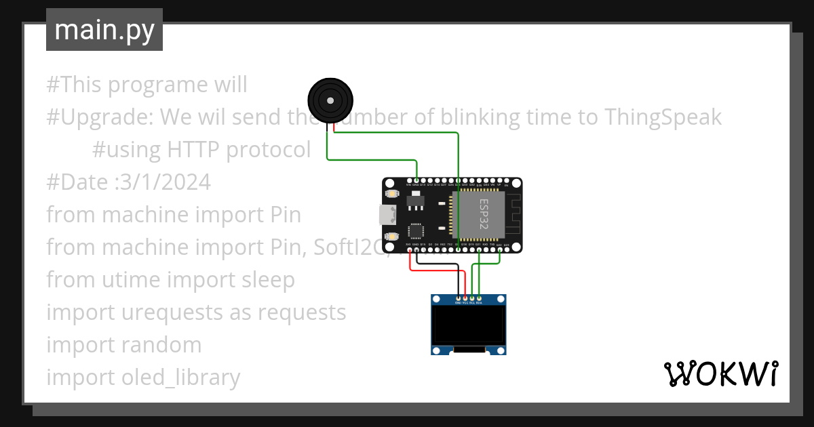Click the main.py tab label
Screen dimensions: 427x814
click(104, 30)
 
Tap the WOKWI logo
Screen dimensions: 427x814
click(720, 374)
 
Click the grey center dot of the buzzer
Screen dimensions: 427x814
click(330, 100)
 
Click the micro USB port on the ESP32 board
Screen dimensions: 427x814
click(387, 215)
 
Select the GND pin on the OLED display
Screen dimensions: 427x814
click(459, 298)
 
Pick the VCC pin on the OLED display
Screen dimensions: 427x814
click(465, 298)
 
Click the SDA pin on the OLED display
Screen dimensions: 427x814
click(480, 298)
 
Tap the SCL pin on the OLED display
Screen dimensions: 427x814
click(472, 298)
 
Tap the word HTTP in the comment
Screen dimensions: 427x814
click(193, 150)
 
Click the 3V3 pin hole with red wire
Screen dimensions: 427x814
click(409, 250)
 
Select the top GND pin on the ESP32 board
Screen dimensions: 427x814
click(416, 180)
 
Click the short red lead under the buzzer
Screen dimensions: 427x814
click(333, 127)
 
